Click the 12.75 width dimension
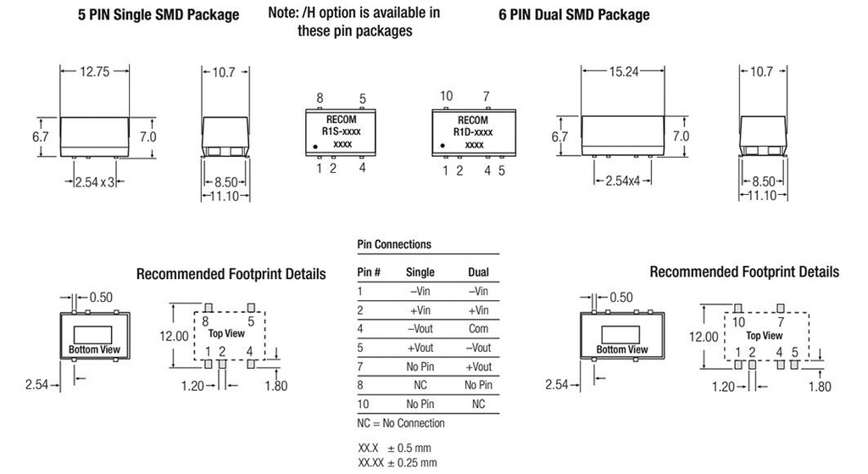[x=95, y=72]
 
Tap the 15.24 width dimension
[x=625, y=72]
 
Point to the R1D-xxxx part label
[x=474, y=132]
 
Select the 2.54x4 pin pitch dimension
[x=625, y=181]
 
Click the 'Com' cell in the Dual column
[x=478, y=328]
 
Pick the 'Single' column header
[x=420, y=272]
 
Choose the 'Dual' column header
[x=478, y=272]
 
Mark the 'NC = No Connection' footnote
[x=401, y=423]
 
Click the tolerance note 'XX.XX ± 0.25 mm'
[x=398, y=463]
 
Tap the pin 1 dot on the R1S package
[x=316, y=147]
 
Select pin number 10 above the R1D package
[x=447, y=98]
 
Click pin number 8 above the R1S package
[x=320, y=98]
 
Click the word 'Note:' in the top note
[x=284, y=13]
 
